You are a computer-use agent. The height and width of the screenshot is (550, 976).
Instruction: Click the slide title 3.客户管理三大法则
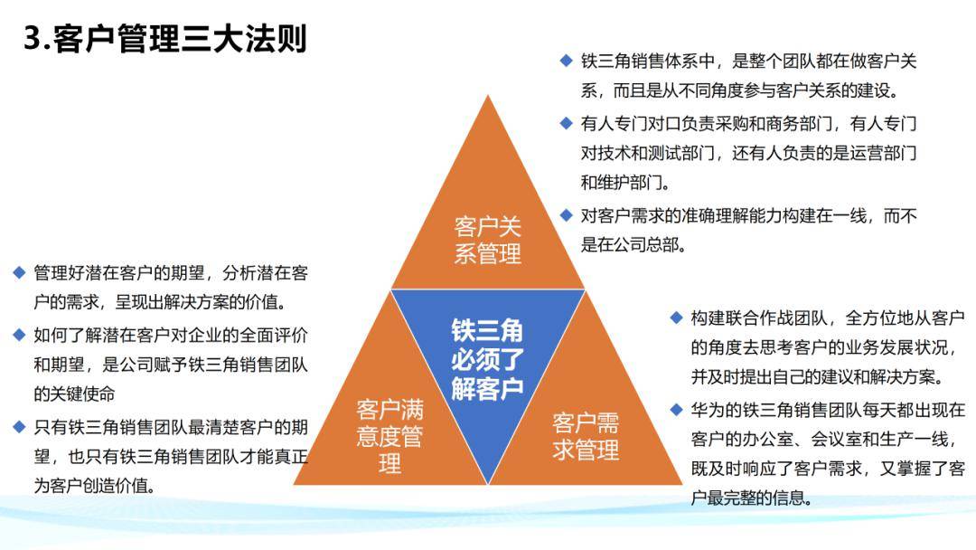pyautogui.click(x=165, y=40)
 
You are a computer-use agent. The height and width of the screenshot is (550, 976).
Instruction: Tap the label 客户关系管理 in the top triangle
pyautogui.click(x=487, y=239)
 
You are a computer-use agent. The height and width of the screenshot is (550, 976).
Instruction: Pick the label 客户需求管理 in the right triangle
pyautogui.click(x=586, y=436)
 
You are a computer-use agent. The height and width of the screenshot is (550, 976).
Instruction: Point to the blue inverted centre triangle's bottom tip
pyautogui.click(x=488, y=481)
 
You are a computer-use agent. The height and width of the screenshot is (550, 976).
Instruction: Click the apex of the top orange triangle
pyautogui.click(x=488, y=96)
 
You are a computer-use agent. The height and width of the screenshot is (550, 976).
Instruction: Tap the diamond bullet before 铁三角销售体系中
pyautogui.click(x=566, y=62)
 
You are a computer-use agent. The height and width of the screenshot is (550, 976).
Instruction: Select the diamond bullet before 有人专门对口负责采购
pyautogui.click(x=566, y=123)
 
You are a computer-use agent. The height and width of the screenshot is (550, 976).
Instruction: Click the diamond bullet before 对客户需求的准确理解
pyautogui.click(x=566, y=215)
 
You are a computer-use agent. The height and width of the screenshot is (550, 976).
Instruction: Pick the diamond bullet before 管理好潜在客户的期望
pyautogui.click(x=19, y=271)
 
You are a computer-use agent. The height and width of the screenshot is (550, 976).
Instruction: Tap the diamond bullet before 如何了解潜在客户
pyautogui.click(x=19, y=335)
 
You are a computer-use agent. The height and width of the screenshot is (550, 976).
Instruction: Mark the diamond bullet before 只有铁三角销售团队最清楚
pyautogui.click(x=19, y=426)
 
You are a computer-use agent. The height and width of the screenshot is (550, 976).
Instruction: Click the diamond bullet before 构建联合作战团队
pyautogui.click(x=676, y=318)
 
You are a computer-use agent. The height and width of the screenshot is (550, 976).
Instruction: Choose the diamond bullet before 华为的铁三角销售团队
pyautogui.click(x=676, y=410)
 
